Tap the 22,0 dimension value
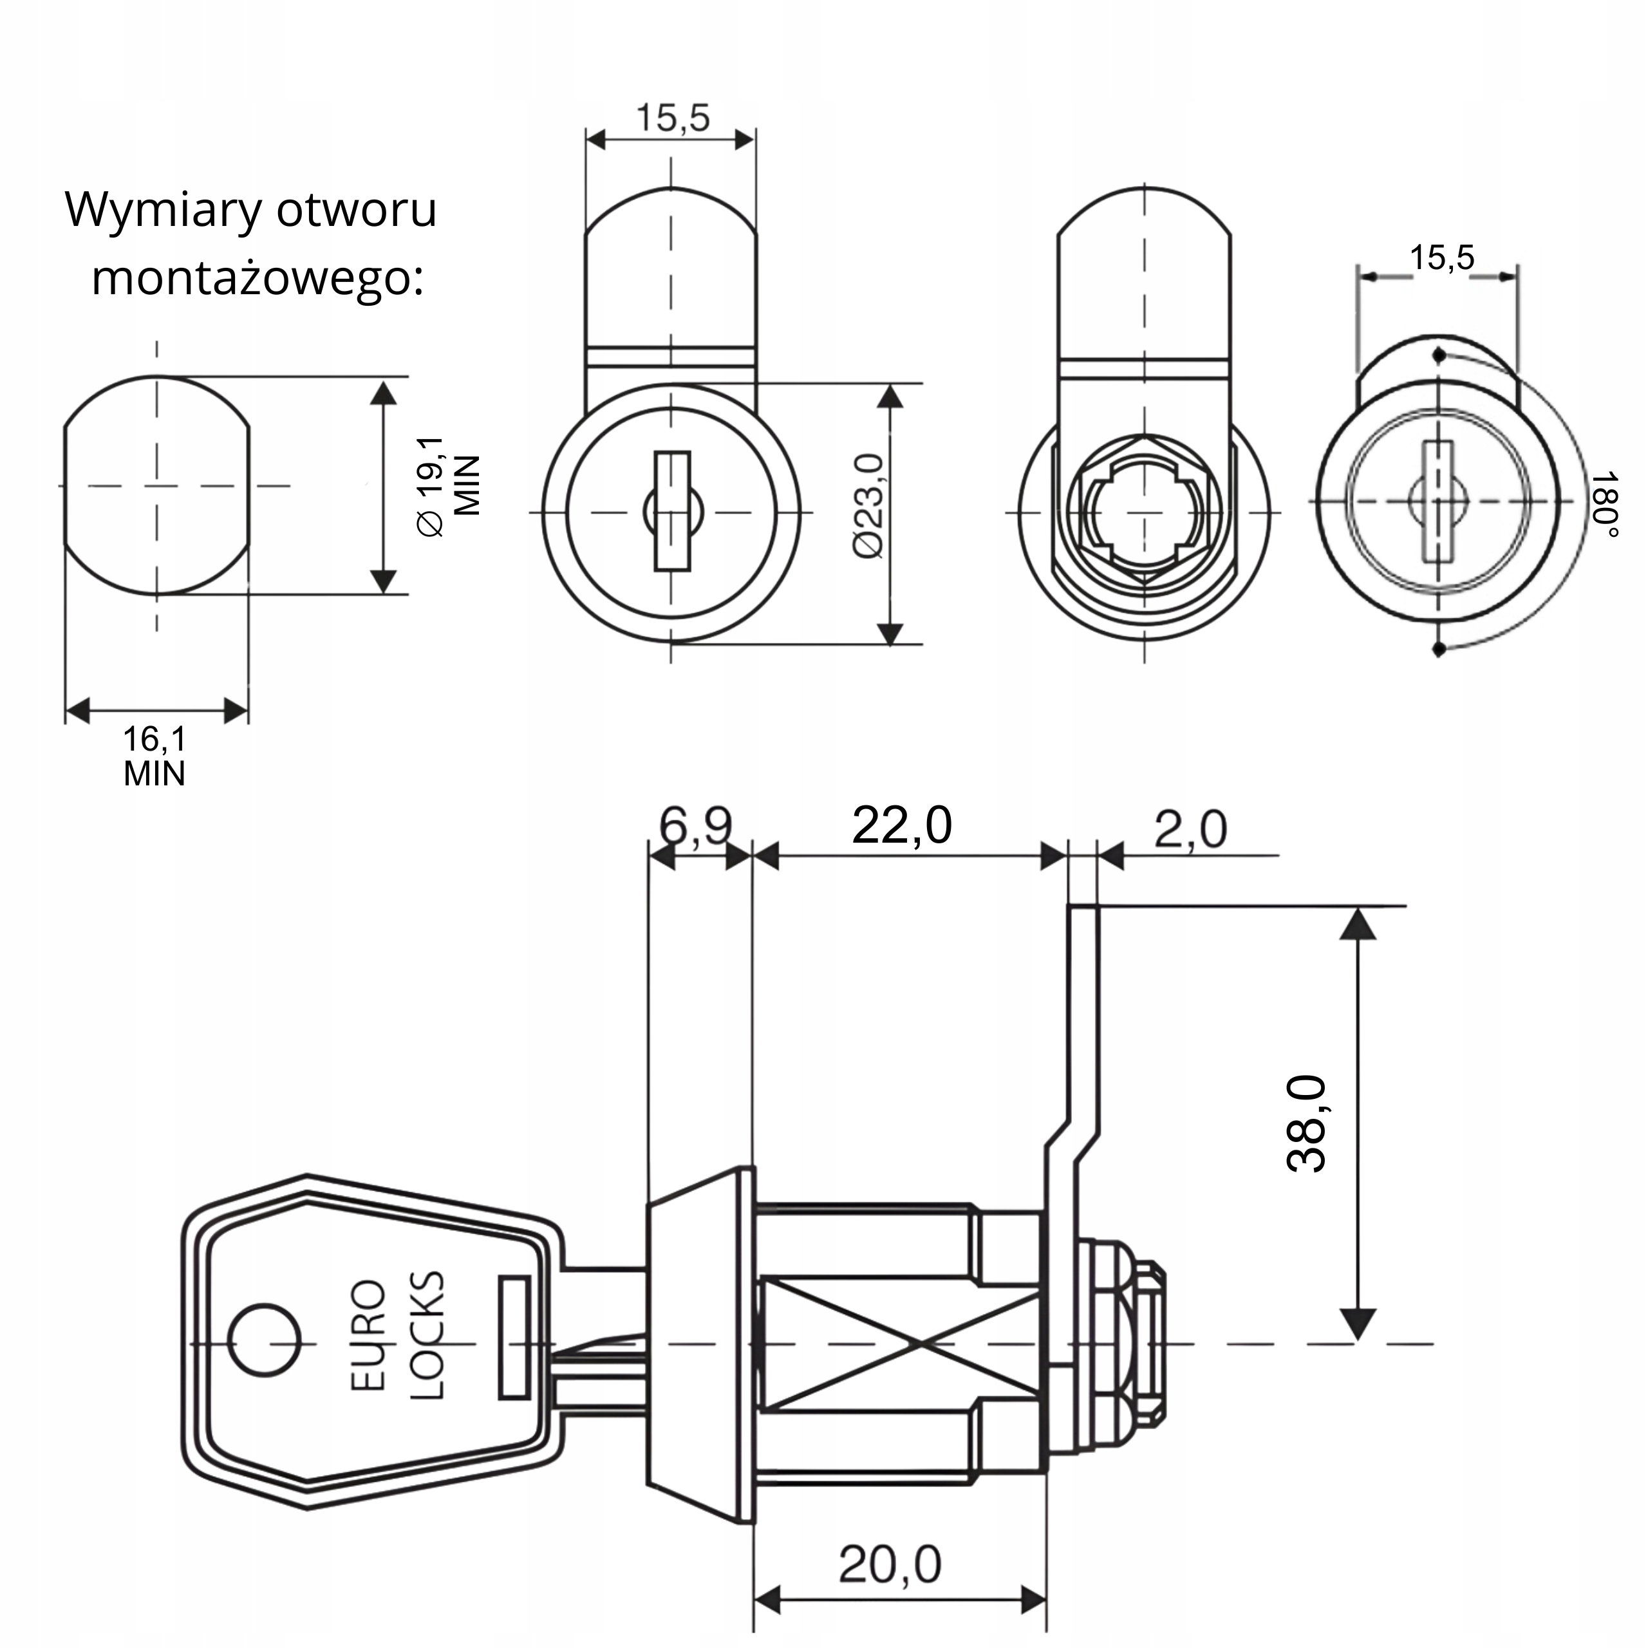pyautogui.click(x=902, y=826)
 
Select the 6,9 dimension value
pyautogui.click(x=695, y=826)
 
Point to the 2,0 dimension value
pyautogui.click(x=1191, y=829)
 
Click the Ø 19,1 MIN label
pyautogui.click(x=449, y=485)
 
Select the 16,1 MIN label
pyautogui.click(x=154, y=756)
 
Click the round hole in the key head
pyautogui.click(x=266, y=1341)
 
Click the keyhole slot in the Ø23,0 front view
pyautogui.click(x=672, y=511)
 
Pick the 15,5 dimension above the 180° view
pyautogui.click(x=1441, y=257)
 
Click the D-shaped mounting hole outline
pyautogui.click(x=157, y=485)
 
